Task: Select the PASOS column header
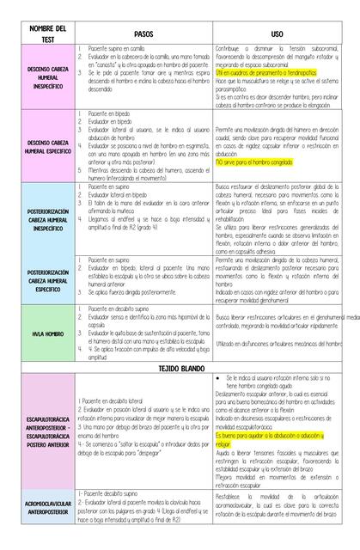[143, 31]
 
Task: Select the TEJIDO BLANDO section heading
[180, 367]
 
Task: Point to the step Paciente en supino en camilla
[119, 51]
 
